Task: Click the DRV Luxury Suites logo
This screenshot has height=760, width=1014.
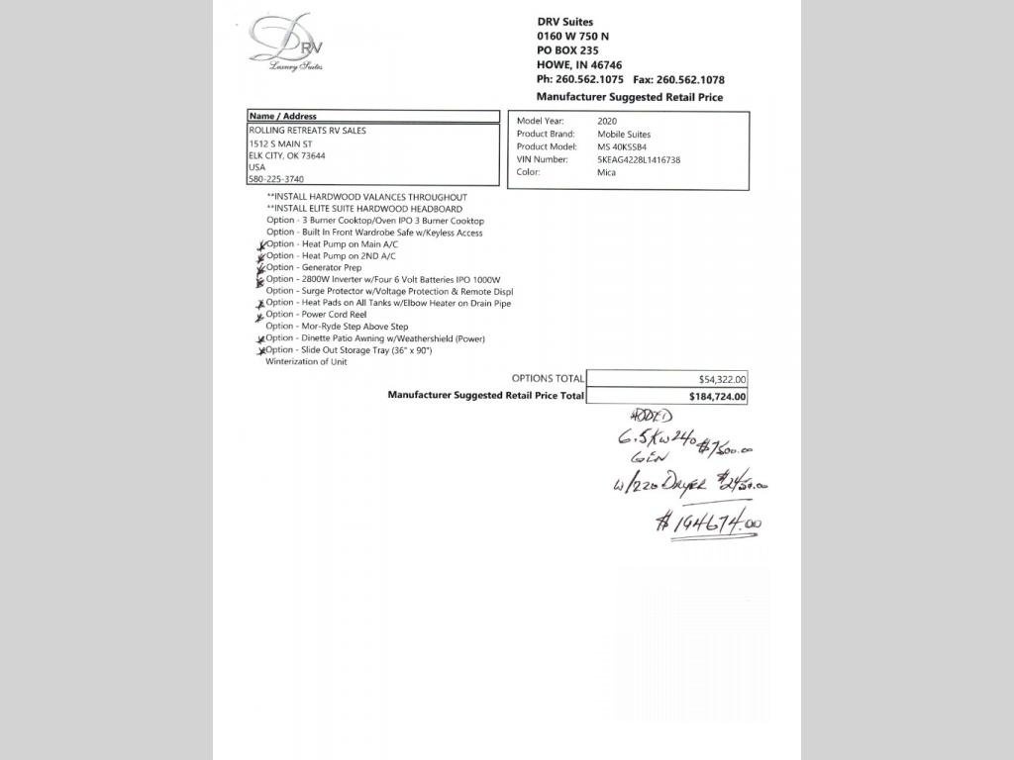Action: pyautogui.click(x=286, y=43)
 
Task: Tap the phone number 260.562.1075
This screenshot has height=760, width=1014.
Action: pyautogui.click(x=593, y=79)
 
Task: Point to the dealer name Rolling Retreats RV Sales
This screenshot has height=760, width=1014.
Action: pyautogui.click(x=307, y=131)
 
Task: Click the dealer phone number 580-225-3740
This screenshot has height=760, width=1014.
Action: pyautogui.click(x=276, y=179)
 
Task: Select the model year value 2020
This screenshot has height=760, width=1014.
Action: pyautogui.click(x=607, y=121)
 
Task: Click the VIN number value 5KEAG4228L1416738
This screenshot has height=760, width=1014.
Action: pyautogui.click(x=639, y=159)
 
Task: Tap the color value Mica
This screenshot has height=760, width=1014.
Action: pyautogui.click(x=606, y=172)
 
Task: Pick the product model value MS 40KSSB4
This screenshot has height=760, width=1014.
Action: pyautogui.click(x=622, y=146)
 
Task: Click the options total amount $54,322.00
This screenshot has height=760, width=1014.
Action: pyautogui.click(x=723, y=379)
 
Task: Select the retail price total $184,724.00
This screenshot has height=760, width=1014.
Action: pyautogui.click(x=718, y=397)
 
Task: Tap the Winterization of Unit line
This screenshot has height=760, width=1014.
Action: pyautogui.click(x=306, y=361)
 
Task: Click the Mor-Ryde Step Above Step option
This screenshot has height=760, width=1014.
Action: pyautogui.click(x=337, y=327)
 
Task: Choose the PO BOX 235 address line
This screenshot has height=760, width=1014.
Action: pyautogui.click(x=567, y=50)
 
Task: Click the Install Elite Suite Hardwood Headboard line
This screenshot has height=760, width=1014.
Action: pyautogui.click(x=364, y=209)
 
